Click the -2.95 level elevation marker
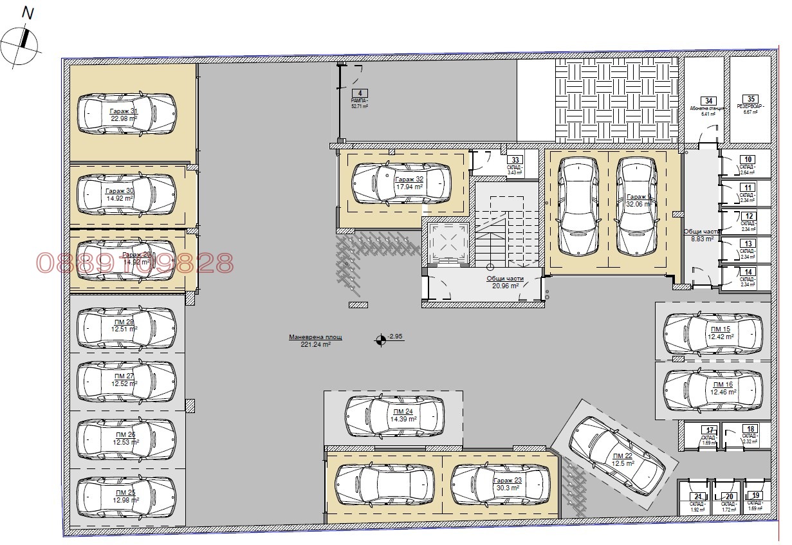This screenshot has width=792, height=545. point(382,340)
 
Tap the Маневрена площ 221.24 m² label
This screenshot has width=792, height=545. point(315,341)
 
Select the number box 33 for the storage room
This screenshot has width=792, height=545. point(514,160)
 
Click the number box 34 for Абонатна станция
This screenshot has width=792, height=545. point(708,100)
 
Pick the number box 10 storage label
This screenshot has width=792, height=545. point(747,159)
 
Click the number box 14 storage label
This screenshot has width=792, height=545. point(748,272)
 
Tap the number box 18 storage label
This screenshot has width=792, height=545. point(750,429)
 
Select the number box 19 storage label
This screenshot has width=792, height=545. point(757,495)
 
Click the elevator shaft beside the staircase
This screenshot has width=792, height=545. point(447,245)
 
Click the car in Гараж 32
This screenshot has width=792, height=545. point(401,183)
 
